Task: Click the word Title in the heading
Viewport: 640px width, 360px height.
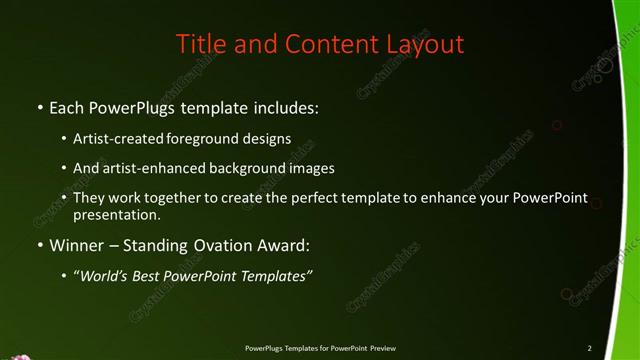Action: click(x=199, y=44)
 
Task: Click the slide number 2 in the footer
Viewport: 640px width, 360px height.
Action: click(x=590, y=348)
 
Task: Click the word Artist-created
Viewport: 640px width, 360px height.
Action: click(x=119, y=139)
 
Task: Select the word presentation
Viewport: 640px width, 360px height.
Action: click(x=117, y=214)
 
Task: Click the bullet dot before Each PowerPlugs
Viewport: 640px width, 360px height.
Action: click(x=39, y=105)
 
